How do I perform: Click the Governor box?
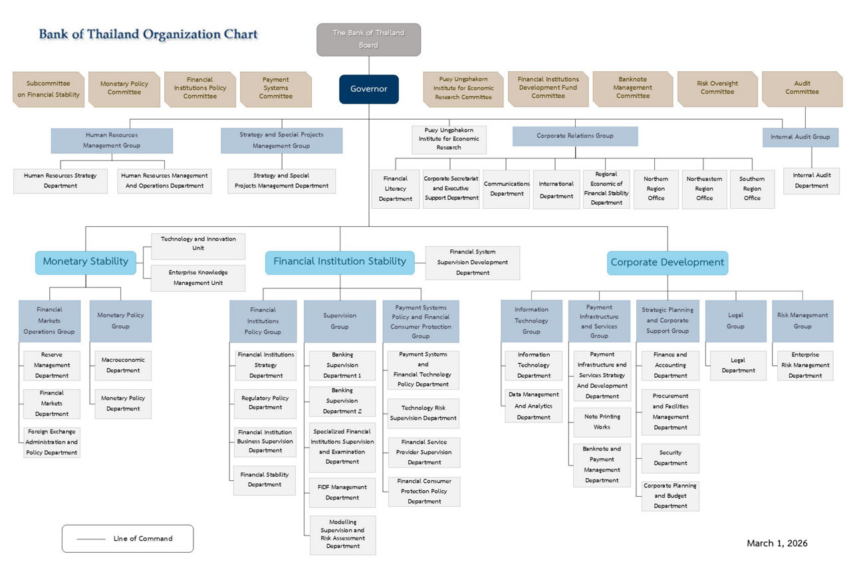[x=368, y=89]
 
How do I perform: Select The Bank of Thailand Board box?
[x=368, y=39]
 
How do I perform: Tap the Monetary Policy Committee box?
[x=124, y=88]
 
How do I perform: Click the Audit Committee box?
[x=802, y=88]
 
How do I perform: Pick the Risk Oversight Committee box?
[x=717, y=88]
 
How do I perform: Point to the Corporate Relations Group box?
[x=574, y=136]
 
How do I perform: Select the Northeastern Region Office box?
[x=704, y=189]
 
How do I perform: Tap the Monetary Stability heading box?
[x=85, y=262]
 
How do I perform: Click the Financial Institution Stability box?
[x=340, y=262]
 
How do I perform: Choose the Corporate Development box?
[x=668, y=263]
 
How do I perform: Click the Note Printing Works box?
[x=602, y=422]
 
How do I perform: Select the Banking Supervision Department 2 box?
[x=342, y=401]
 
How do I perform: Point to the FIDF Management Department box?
[x=342, y=493]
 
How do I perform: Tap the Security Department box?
[x=670, y=458]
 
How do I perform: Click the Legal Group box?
[x=735, y=321]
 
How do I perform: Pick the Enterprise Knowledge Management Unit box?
[x=197, y=278]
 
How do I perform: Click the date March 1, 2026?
[x=777, y=543]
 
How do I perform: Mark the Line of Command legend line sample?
[x=91, y=539]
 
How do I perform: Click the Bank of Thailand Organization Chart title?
[x=148, y=35]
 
